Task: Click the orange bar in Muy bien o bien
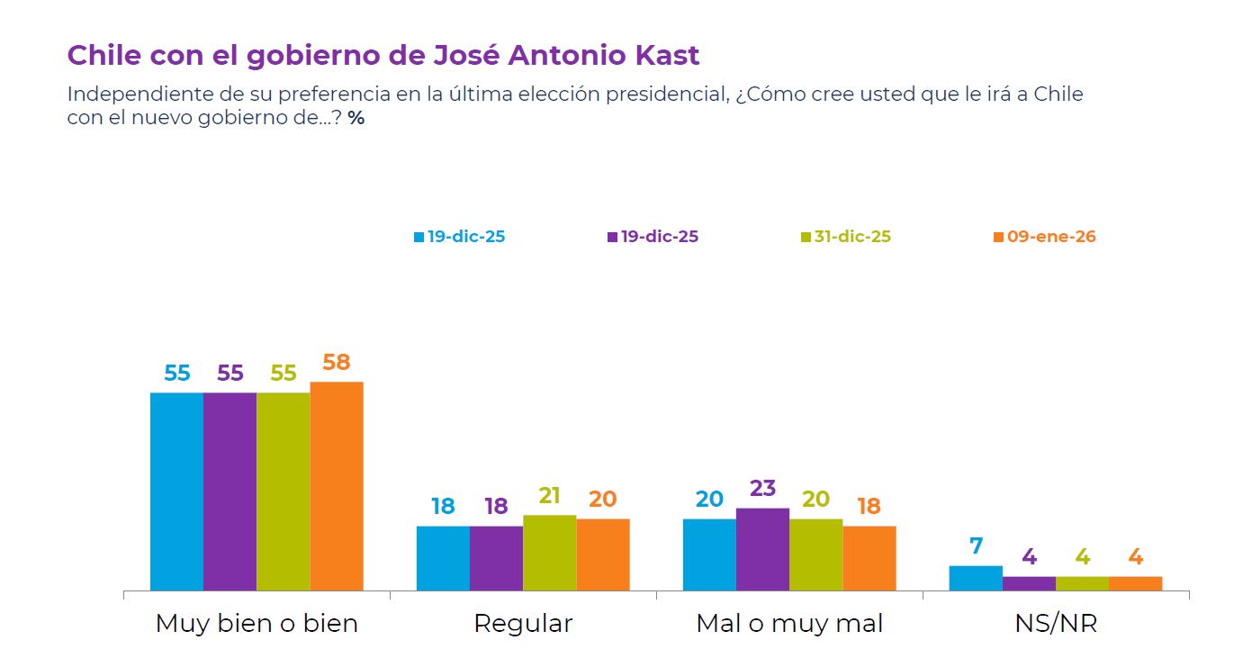(337, 486)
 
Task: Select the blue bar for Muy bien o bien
(176, 491)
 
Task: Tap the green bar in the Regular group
(549, 553)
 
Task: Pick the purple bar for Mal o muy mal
(762, 549)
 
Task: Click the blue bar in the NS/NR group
(976, 578)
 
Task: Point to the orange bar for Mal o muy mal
(869, 558)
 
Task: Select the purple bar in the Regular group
(496, 558)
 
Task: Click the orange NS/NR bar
(1136, 583)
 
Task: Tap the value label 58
(337, 363)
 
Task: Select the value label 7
(976, 546)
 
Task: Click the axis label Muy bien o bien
(257, 624)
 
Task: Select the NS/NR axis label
(1056, 624)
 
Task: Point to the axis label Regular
(523, 624)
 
